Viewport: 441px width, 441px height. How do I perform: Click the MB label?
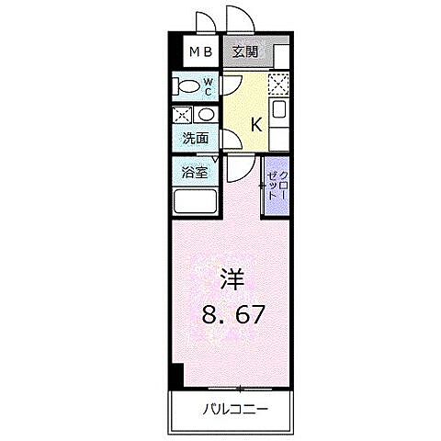199,52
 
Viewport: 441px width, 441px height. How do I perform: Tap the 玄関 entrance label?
245,52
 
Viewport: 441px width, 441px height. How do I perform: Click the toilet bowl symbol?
186,87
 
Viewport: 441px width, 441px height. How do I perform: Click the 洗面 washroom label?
194,140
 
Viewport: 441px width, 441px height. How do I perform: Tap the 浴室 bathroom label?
194,172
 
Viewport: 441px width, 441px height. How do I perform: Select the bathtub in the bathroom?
195,201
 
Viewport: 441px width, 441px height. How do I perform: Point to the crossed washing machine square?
183,115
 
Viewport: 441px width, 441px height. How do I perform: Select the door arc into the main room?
241,165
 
